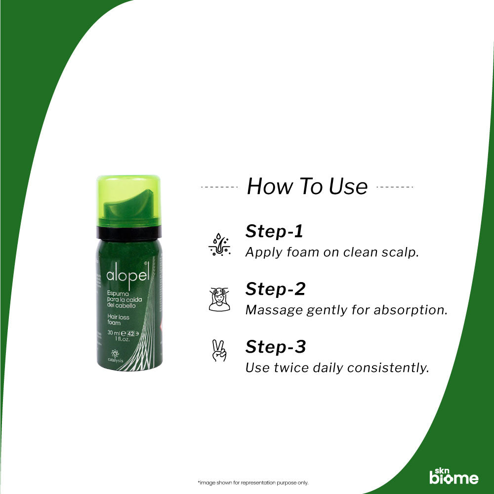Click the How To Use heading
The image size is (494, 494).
pos(307,187)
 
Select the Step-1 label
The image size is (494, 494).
pos(274,231)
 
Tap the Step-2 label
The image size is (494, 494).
pos(275,289)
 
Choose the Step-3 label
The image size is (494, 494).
pos(276,347)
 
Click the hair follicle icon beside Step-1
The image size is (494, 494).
pos(219,244)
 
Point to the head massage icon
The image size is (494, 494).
pos(219,300)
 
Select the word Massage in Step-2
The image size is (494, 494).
pos(274,310)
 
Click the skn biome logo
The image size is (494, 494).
pos(453,475)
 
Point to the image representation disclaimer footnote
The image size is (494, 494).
pos(246,483)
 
